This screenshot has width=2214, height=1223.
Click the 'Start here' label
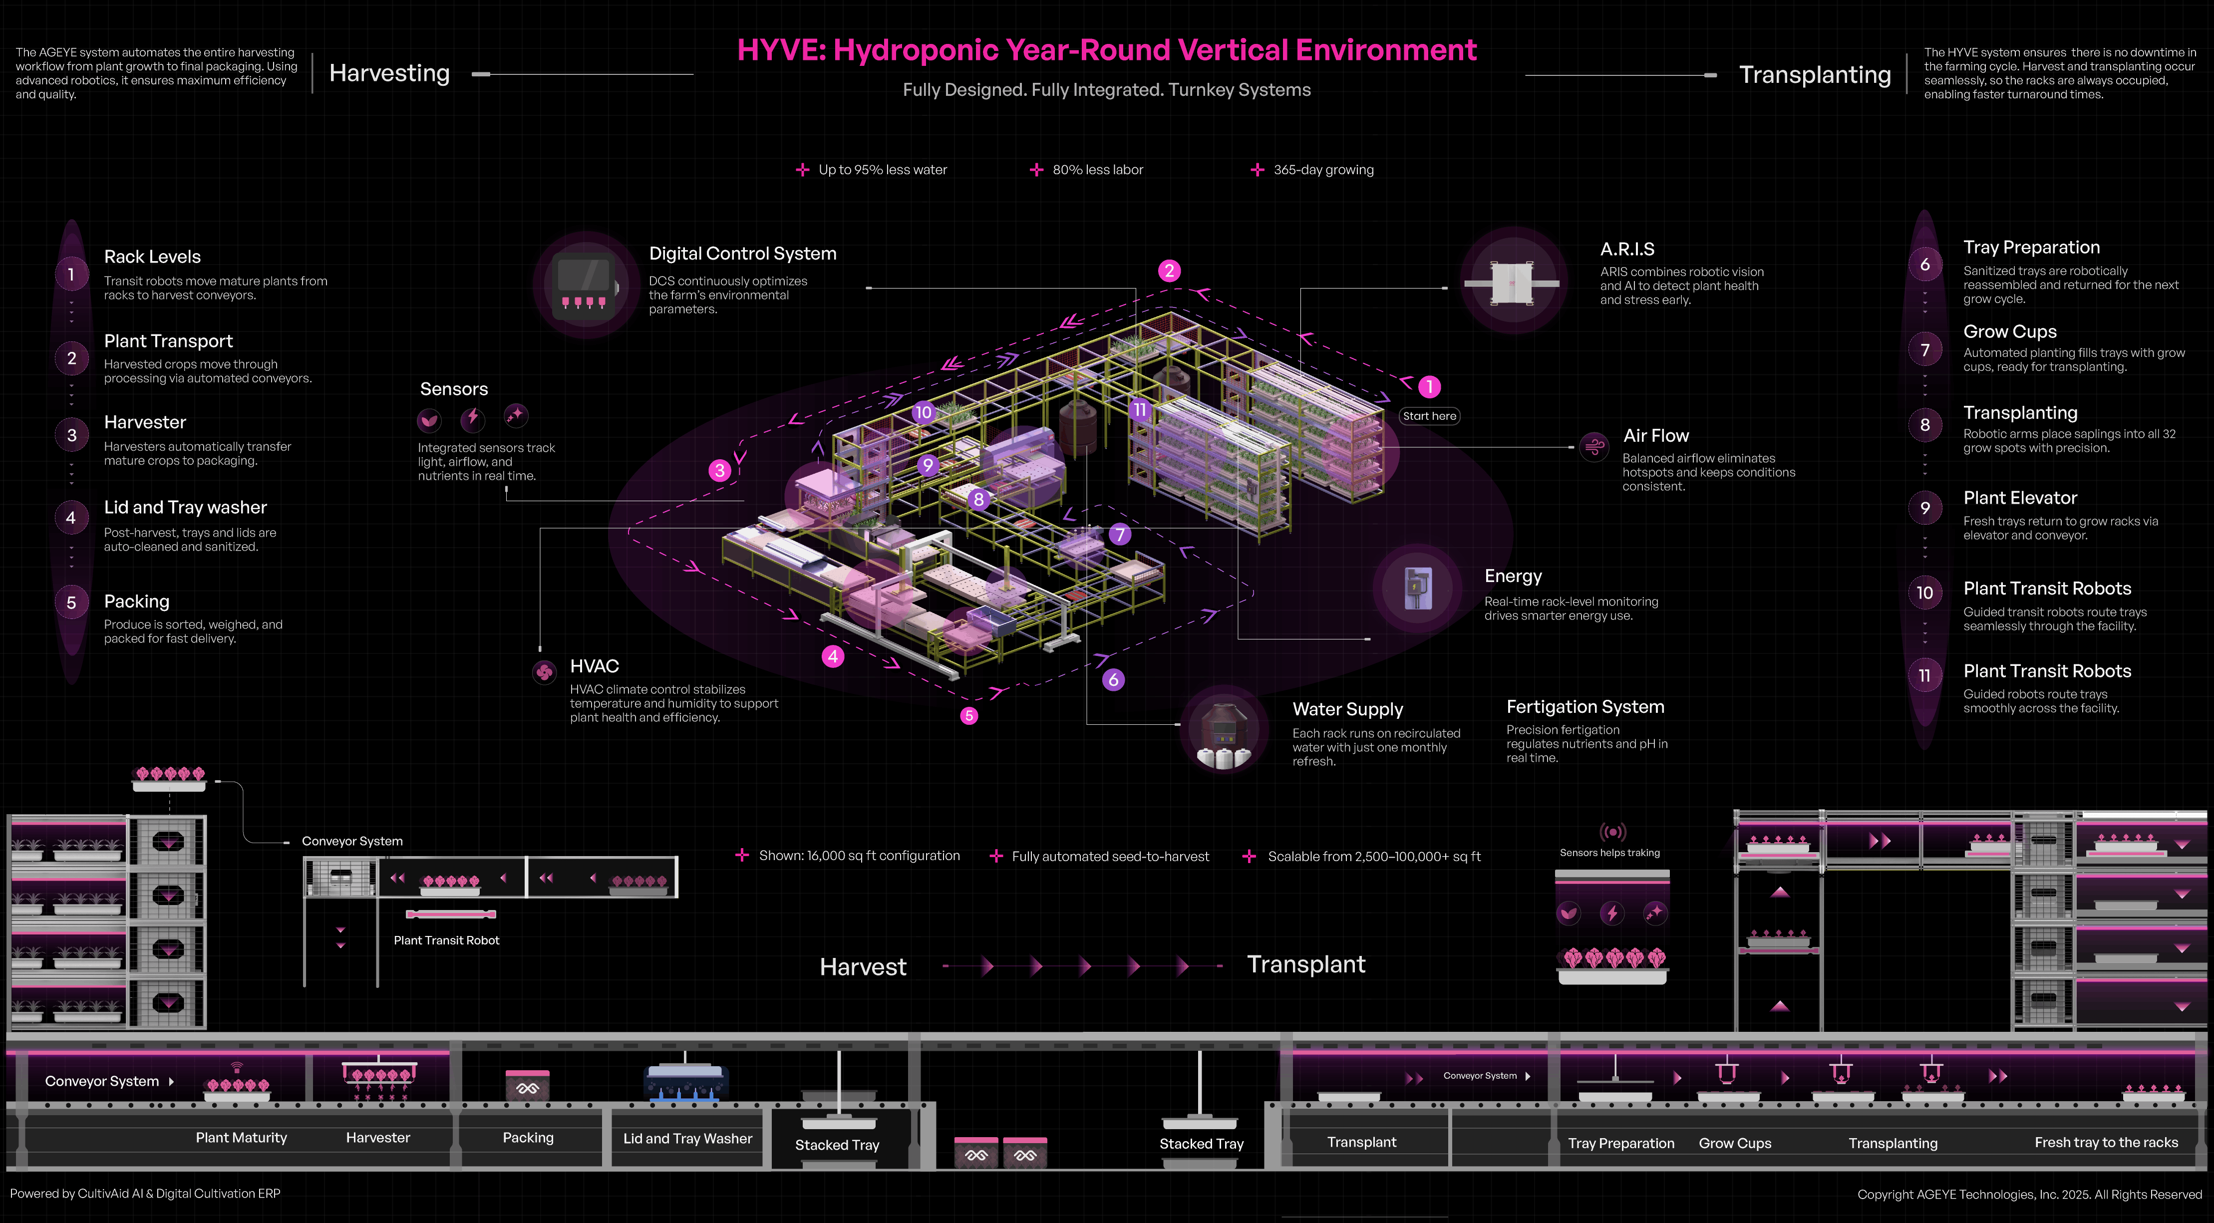coord(1429,416)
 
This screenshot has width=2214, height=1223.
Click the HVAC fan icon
coord(544,672)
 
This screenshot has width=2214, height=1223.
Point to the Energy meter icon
coord(1416,588)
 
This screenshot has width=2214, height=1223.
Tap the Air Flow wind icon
coord(1594,446)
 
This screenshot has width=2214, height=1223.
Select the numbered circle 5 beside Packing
coord(71,603)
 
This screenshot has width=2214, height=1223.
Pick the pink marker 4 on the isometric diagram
coord(832,656)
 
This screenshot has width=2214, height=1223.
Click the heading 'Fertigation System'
coord(1585,706)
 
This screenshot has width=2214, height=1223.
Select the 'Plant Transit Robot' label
coord(446,940)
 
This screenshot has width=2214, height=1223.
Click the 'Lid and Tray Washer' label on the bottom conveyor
coord(687,1138)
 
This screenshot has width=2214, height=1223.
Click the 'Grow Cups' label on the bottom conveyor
coord(1734,1143)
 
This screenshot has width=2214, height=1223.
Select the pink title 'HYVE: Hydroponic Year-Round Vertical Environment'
coord(1106,50)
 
